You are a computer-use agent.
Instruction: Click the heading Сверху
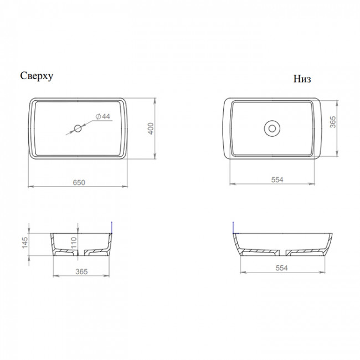(x=37, y=76)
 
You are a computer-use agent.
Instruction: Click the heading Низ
(x=302, y=79)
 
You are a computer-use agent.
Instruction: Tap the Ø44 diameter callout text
(x=103, y=116)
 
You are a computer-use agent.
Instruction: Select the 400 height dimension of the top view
(x=151, y=128)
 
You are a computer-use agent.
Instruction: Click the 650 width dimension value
(x=79, y=182)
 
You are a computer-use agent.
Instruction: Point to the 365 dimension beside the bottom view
(x=333, y=122)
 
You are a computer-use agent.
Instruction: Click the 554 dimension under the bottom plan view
(x=277, y=179)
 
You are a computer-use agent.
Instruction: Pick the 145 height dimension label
(x=24, y=242)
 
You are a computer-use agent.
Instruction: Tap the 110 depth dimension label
(x=74, y=243)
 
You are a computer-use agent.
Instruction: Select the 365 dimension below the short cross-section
(x=81, y=271)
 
